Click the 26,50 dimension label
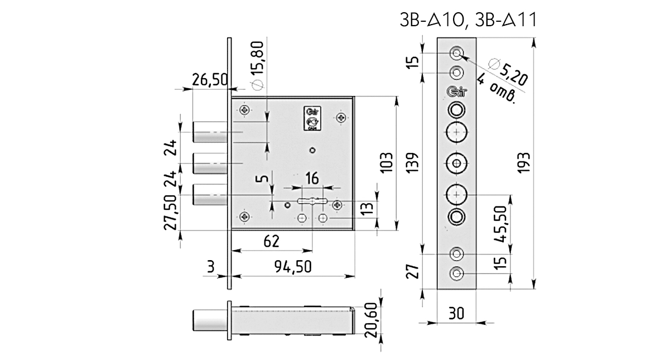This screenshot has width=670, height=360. point(209,80)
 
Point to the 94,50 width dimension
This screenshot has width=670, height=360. point(293,267)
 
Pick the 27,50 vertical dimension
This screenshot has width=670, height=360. point(173,212)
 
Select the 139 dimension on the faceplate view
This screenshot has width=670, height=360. point(413,162)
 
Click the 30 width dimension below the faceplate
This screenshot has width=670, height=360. point(457,314)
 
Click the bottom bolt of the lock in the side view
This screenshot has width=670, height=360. point(210,194)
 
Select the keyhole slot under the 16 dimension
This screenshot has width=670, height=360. point(312,201)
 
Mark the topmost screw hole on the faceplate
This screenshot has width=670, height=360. point(457,54)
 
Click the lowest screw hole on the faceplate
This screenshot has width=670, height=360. point(457,274)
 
